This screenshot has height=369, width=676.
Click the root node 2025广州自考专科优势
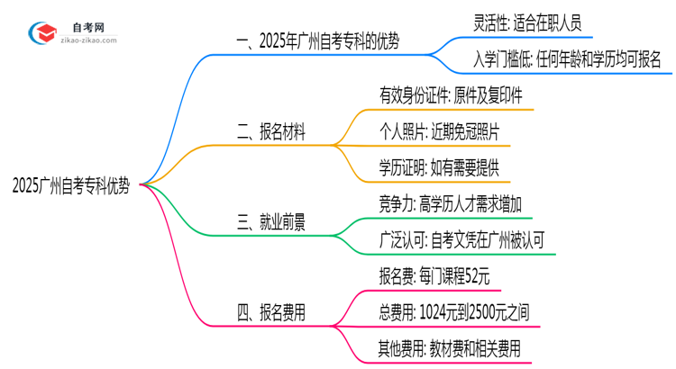click(x=71, y=186)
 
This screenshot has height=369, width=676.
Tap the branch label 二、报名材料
click(x=270, y=132)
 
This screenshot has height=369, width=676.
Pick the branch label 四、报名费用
click(x=270, y=312)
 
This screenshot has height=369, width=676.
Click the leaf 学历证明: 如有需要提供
click(x=439, y=168)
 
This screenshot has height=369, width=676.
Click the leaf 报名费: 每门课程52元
click(x=434, y=276)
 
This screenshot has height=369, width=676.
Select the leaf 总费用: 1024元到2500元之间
click(x=455, y=312)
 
